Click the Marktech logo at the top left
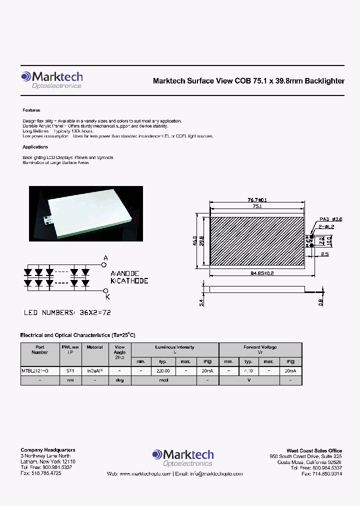51,79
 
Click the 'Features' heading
31,110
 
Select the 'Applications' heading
35,147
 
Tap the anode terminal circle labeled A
105,265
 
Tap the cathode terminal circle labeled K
105,290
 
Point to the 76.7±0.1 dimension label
257,199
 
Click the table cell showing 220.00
163,371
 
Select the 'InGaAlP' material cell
94,371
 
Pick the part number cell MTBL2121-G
35,371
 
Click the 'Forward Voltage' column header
260,347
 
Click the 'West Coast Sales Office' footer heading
314,450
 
